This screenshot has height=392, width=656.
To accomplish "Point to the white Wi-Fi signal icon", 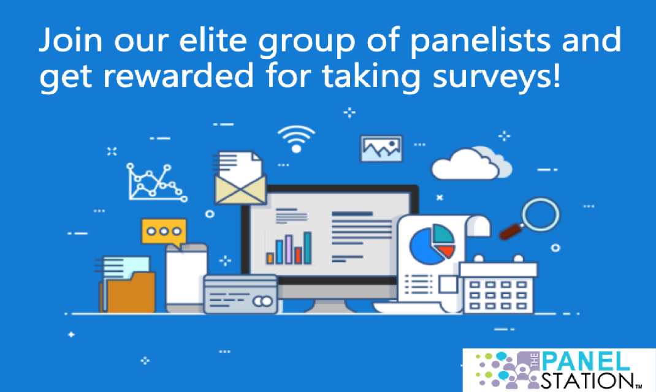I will (x=296, y=138).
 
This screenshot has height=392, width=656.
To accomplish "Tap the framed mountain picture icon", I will (x=381, y=149).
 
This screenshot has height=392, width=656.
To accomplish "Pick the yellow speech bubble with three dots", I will (x=163, y=232).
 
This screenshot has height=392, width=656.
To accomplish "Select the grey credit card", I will (x=240, y=294).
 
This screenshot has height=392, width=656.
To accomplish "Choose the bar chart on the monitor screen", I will (x=289, y=248).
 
